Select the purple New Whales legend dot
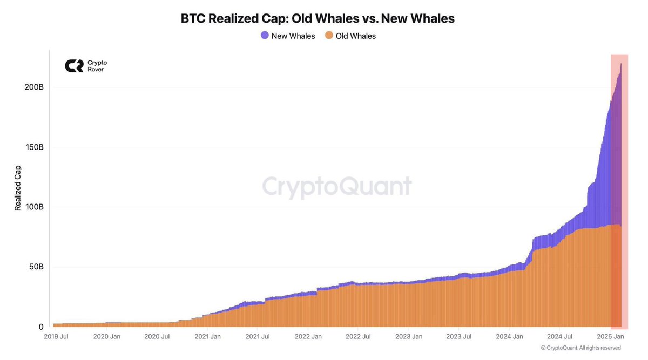pyautogui.click(x=265, y=36)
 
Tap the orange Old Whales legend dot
pyautogui.click(x=328, y=36)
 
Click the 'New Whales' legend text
pyautogui.click(x=293, y=36)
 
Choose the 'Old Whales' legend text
pyautogui.click(x=355, y=36)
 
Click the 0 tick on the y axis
pyautogui.click(x=40, y=327)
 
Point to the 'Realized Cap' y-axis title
pyautogui.click(x=18, y=188)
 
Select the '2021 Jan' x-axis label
pyautogui.click(x=207, y=337)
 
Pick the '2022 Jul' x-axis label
pyautogui.click(x=358, y=337)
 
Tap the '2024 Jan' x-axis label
pyautogui.click(x=510, y=337)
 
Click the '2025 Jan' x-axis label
pyautogui.click(x=610, y=337)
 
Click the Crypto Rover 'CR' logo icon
pyautogui.click(x=74, y=66)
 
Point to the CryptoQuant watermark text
pyautogui.click(x=337, y=187)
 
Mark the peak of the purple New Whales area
pyautogui.click(x=620, y=64)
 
